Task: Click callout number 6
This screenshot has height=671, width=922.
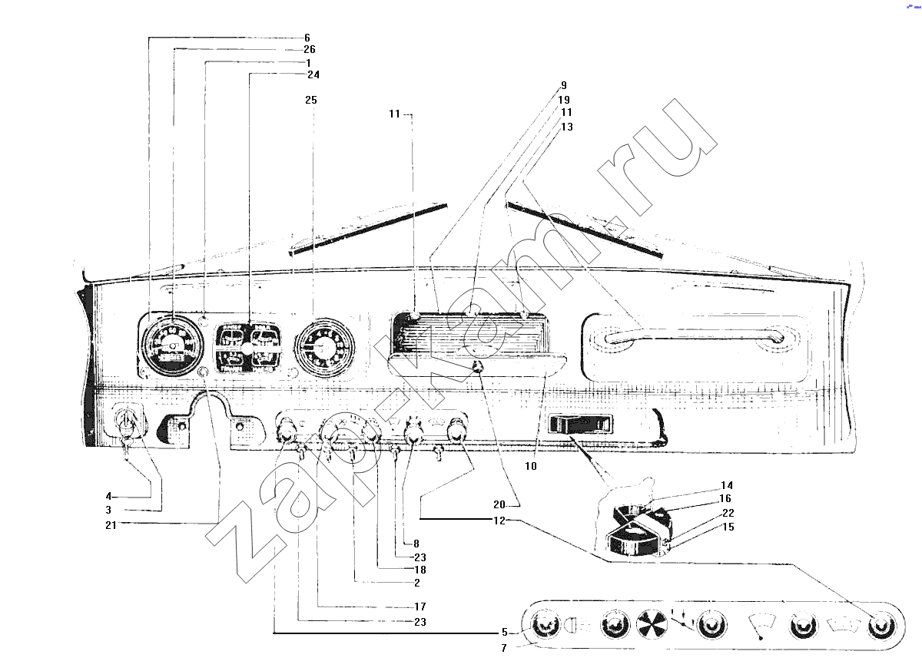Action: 307,38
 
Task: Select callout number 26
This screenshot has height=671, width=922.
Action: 310,49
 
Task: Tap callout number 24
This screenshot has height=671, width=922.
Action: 313,74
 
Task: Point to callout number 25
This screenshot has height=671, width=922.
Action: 311,100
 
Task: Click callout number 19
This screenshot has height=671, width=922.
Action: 564,100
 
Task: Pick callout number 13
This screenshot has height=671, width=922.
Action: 567,127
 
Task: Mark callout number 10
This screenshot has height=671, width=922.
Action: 531,466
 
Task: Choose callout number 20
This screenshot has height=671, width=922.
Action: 499,505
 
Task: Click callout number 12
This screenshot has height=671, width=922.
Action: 499,521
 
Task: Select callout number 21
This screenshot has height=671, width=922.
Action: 111,525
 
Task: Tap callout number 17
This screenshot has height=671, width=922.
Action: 420,607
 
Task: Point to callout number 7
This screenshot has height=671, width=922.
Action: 504,648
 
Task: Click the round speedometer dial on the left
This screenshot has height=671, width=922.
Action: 172,345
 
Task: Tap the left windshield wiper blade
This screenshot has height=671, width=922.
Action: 368,229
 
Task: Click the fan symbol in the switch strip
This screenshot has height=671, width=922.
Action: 652,624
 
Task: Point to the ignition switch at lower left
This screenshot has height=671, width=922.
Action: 128,424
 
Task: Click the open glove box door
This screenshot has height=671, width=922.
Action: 477,363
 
